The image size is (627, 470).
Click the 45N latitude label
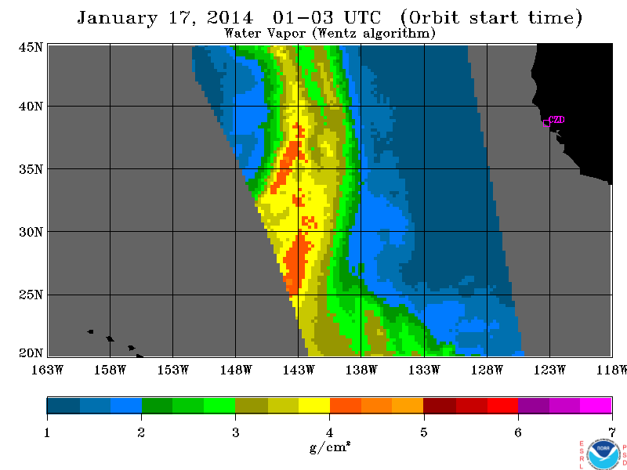pos(31,47)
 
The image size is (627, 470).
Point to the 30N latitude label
pos(31,232)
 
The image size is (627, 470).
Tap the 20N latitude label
pos(31,353)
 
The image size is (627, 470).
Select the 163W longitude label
pos(47,370)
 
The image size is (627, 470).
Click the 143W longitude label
pos(299,370)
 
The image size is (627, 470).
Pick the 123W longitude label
pos(549,370)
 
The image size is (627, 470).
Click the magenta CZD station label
pos(556,120)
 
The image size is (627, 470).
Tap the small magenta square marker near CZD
pos(546,123)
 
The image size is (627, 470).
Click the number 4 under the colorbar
pos(329,432)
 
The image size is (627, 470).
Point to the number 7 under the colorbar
pos(612,432)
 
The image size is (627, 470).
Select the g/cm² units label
pos(330,447)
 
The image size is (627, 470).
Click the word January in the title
pos(117,18)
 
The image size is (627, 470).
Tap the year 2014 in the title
pos(230,17)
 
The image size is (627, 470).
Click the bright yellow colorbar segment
pos(314,405)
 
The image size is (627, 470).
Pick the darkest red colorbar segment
pos(440,405)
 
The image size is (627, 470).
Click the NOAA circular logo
pos(603,454)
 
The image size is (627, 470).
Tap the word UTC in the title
pos(362,17)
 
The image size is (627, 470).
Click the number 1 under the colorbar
pos(47,432)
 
